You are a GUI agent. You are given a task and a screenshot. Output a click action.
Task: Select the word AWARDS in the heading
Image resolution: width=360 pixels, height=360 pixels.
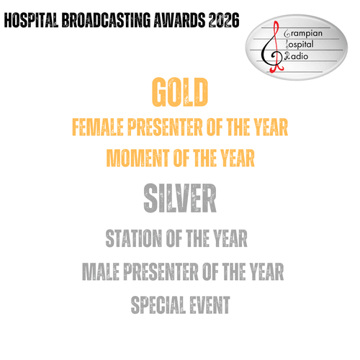click(x=179, y=20)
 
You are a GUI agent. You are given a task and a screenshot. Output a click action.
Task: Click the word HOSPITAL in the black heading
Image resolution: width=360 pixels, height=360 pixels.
click(x=31, y=20)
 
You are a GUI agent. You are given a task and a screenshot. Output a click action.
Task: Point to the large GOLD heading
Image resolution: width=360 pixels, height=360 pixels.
click(x=180, y=92)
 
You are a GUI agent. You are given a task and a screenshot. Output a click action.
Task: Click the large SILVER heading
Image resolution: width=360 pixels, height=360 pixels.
click(x=180, y=198)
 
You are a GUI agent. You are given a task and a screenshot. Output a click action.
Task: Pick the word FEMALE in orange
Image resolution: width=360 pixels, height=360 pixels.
click(x=98, y=127)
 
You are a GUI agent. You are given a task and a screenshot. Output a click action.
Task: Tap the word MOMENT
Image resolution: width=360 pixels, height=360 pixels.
click(x=138, y=158)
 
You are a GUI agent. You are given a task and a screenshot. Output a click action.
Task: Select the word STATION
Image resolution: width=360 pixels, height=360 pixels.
click(x=134, y=238)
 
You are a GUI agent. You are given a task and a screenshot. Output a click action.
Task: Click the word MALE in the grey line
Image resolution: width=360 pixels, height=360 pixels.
click(x=101, y=271)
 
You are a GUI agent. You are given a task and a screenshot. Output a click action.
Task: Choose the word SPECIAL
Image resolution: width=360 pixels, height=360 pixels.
click(x=158, y=305)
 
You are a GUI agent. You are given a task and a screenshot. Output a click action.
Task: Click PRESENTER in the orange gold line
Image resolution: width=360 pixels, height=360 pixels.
click(x=165, y=127)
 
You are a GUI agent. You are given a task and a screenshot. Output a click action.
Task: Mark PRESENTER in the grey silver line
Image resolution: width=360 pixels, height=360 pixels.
click(x=161, y=271)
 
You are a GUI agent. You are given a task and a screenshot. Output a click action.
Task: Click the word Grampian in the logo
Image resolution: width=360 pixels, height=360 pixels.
click(x=303, y=34)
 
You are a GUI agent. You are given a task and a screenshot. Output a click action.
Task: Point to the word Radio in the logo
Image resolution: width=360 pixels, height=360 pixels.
click(x=297, y=56)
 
